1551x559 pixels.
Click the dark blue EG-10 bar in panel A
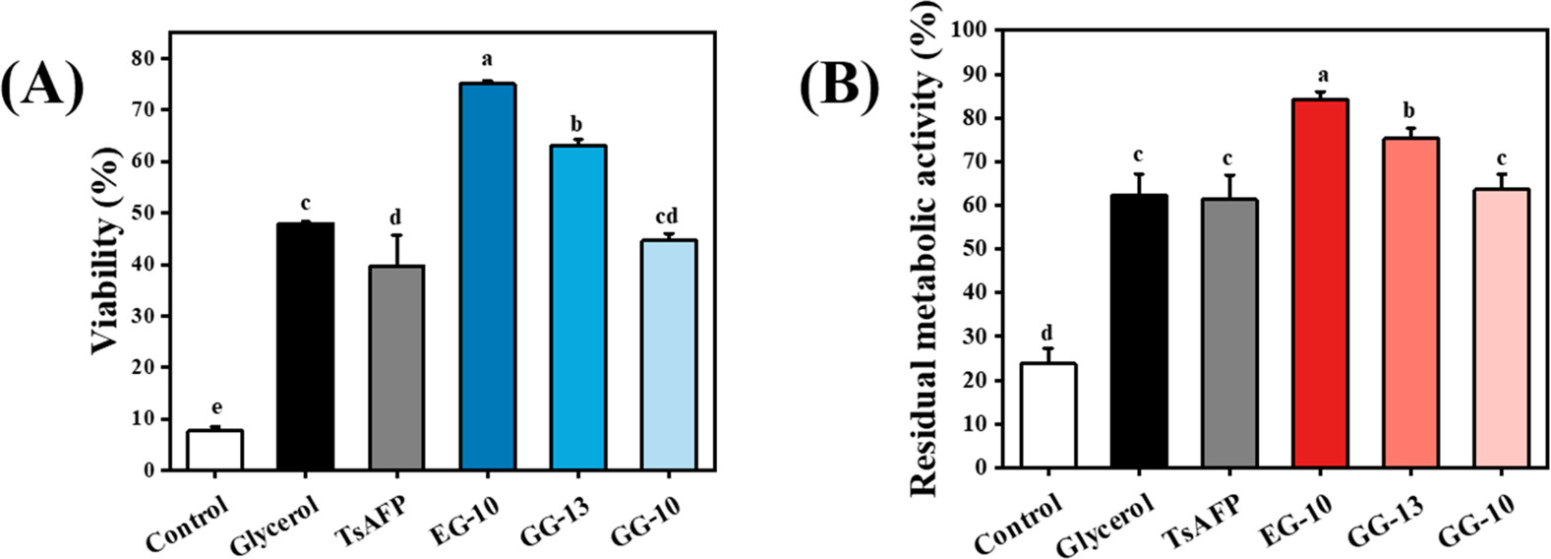click(x=488, y=277)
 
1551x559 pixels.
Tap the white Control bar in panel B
click(x=1048, y=415)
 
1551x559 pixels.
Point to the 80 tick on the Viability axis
click(x=144, y=59)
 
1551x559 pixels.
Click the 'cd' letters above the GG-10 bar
click(x=667, y=217)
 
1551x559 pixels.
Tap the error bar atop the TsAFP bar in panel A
click(x=396, y=249)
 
